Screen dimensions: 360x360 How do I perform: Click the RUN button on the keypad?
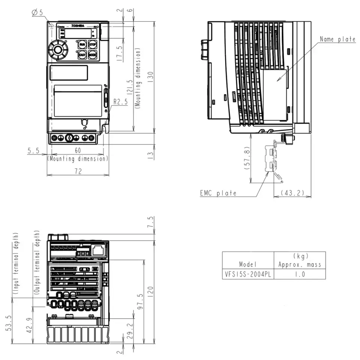[x=82, y=45]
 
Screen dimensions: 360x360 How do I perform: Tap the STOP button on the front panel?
[x=93, y=45]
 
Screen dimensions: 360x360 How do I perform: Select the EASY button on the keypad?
[x=82, y=55]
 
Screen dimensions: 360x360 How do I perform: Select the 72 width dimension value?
[x=78, y=171]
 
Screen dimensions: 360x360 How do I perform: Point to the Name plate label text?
[x=337, y=39]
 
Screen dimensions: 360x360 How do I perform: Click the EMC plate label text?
[x=218, y=193]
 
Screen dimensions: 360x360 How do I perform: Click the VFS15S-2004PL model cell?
[x=248, y=274]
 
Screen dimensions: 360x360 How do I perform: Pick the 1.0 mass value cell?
[x=300, y=274]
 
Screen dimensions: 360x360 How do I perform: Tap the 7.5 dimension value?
[x=151, y=222]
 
